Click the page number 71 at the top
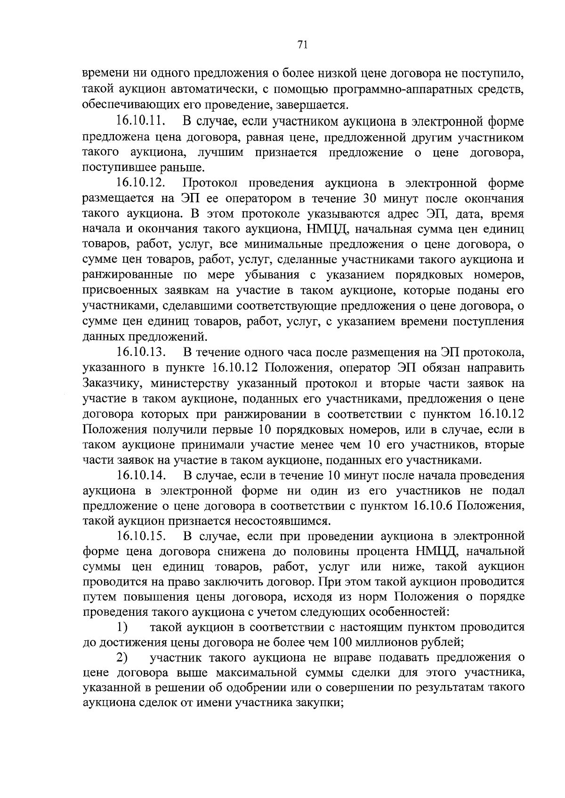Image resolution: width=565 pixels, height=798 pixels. [302, 45]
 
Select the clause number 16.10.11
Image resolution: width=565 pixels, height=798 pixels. [140, 121]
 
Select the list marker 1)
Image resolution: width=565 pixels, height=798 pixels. [123, 628]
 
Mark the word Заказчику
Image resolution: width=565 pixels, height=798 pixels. [112, 383]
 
